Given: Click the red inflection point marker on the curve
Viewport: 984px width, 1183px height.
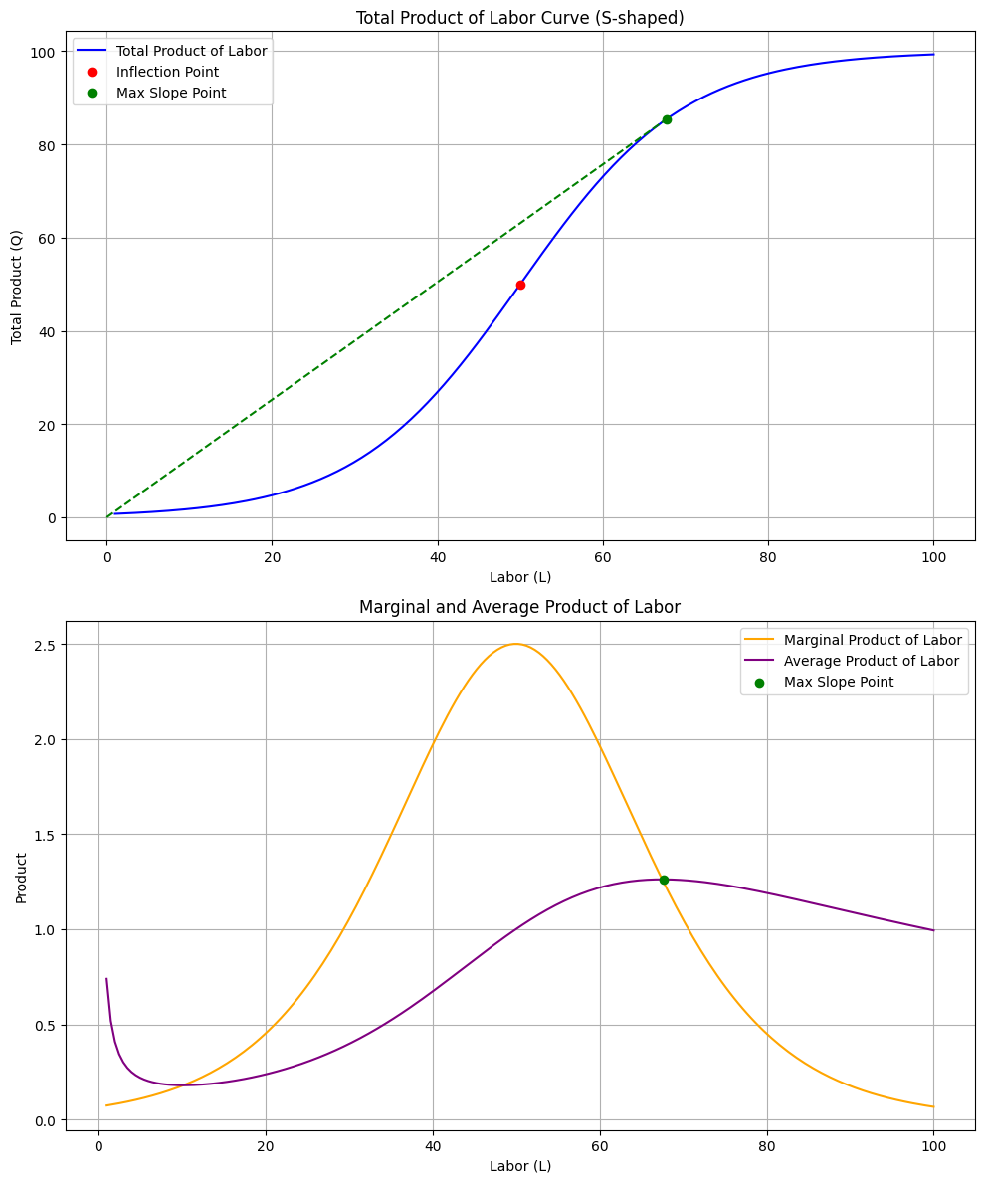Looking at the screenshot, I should (x=520, y=285).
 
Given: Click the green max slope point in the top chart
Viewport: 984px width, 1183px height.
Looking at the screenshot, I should (x=667, y=119).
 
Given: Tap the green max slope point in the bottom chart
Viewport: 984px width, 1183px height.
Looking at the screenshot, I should (x=664, y=880).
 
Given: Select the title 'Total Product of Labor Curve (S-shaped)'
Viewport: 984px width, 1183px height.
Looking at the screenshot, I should (x=520, y=18).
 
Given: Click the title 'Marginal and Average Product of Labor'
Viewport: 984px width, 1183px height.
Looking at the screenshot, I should (x=519, y=607).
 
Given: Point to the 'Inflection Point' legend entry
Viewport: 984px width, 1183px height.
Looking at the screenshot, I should (x=167, y=72).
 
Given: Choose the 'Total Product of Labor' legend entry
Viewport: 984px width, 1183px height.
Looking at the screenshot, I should (x=191, y=51).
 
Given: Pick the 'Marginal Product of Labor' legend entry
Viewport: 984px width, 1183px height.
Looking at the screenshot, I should (x=873, y=640).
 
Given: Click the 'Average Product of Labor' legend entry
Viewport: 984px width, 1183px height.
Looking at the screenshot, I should (x=871, y=661).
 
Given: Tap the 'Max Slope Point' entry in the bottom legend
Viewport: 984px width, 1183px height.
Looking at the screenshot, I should (x=838, y=682).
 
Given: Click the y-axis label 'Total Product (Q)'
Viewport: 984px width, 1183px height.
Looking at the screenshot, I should (x=17, y=288).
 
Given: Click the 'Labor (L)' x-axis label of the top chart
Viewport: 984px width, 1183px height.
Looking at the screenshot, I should (x=520, y=577).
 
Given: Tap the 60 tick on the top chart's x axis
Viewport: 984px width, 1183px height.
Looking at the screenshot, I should (x=602, y=557).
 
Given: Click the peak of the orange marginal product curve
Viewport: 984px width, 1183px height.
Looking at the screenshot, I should (x=515, y=644).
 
